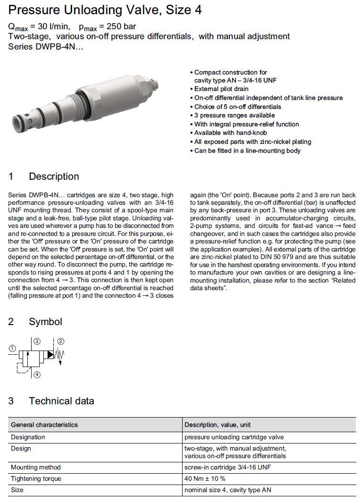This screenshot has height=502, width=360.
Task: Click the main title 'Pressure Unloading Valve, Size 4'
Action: [105, 10]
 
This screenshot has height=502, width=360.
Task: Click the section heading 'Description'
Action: [54, 176]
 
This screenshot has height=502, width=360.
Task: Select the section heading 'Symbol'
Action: [45, 322]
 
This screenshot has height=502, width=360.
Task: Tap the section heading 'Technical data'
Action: [61, 401]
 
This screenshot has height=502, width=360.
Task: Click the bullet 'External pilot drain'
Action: [221, 89]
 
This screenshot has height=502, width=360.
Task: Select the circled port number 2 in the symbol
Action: [61, 341]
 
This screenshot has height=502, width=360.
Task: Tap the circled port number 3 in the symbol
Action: [37, 341]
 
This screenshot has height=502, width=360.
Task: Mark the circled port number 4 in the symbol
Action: [37, 375]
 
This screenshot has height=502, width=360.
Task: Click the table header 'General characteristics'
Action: [44, 425]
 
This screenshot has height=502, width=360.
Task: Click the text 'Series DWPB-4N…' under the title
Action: [46, 46]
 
